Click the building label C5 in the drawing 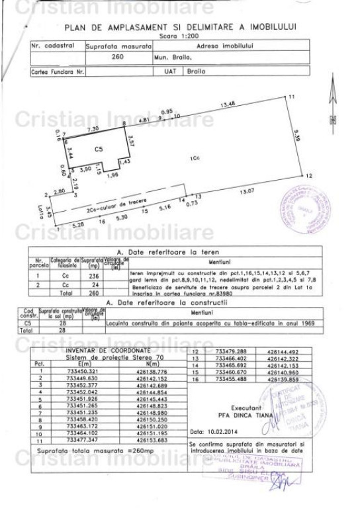coord(99,149)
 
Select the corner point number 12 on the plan coord(308,176)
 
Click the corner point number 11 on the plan coord(291,97)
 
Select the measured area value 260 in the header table coord(119,56)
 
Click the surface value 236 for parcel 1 coord(94,274)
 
